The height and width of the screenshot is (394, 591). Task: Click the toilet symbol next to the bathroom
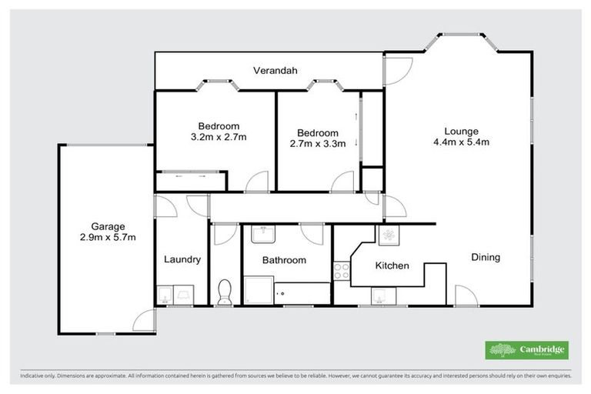(225, 292)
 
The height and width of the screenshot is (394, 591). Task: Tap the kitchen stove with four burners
(341, 270)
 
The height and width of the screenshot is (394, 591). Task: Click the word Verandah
(275, 72)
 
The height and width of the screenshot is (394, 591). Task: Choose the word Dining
(486, 257)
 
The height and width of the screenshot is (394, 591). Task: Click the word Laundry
(182, 259)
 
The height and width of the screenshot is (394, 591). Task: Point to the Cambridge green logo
(527, 349)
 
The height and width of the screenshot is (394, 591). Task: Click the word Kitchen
(392, 266)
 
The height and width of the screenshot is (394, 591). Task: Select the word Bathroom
(284, 260)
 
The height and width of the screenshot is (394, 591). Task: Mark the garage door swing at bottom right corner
(143, 322)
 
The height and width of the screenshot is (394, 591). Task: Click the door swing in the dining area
(465, 295)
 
